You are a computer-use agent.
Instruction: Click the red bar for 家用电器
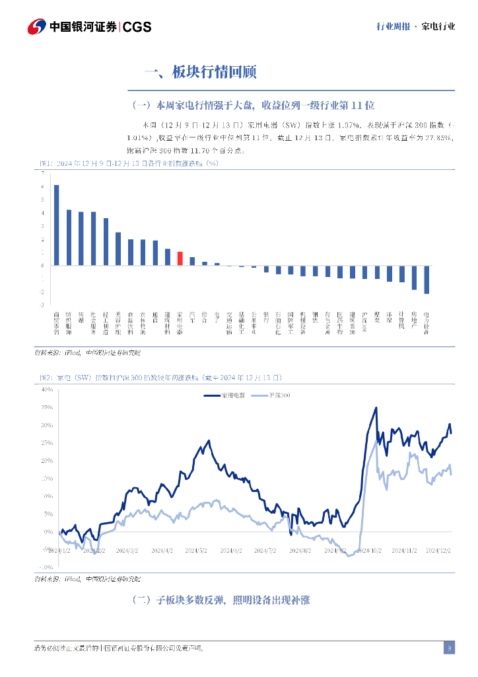[180, 259]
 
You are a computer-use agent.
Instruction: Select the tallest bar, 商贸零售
[57, 225]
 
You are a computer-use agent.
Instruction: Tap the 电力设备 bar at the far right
[427, 280]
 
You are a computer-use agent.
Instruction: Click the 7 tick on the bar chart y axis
[42, 173]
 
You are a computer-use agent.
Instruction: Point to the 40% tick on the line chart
[47, 389]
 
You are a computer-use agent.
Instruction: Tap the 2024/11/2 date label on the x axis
[403, 550]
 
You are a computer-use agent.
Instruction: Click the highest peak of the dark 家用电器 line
[376, 407]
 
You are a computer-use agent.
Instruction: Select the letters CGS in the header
[137, 27]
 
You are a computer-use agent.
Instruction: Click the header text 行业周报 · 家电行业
[415, 27]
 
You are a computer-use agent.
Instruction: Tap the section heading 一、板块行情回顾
[199, 72]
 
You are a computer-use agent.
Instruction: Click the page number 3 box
[449, 648]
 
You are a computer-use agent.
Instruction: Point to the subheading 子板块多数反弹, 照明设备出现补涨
[221, 600]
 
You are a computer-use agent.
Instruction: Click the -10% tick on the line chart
[46, 567]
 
